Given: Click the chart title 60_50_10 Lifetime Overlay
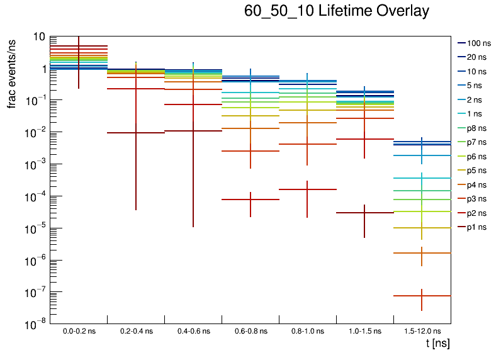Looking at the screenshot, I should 337,11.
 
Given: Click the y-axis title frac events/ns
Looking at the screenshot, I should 12,72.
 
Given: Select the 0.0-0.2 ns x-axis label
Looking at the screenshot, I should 79,331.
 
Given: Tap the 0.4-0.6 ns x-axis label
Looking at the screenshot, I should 193,331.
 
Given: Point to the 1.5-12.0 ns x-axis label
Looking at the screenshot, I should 422,331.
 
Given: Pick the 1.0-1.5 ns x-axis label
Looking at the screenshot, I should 364,331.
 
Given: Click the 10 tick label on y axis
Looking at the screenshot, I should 39,37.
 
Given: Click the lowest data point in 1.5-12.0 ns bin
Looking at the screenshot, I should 422,296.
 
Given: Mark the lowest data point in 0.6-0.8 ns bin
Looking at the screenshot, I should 250,200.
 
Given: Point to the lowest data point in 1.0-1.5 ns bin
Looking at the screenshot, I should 364,213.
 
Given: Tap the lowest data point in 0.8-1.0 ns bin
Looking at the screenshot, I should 307,189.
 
